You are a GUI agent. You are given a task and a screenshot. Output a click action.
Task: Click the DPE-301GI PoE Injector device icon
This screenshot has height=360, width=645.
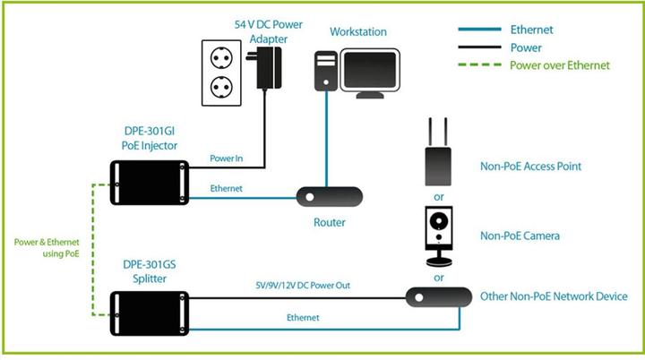(x=149, y=183)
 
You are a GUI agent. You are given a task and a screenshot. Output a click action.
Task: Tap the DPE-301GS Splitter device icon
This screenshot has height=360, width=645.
(x=149, y=313)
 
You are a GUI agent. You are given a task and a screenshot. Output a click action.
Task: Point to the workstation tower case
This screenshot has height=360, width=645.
(x=326, y=73)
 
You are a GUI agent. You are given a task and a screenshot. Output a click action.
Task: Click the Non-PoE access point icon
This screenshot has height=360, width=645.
(x=439, y=162)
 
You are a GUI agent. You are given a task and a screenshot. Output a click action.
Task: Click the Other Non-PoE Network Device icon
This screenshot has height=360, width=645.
(x=439, y=296)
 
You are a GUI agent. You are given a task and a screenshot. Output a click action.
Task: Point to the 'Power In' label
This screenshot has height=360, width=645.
(x=226, y=159)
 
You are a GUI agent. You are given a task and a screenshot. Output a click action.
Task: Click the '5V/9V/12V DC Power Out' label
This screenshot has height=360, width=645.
(x=303, y=286)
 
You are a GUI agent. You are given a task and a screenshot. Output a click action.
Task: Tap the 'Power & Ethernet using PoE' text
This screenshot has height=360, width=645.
(x=47, y=248)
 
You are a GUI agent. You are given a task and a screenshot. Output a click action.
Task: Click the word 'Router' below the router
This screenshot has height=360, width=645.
(x=330, y=222)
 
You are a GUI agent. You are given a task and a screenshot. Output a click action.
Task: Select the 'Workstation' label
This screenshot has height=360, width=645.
(x=358, y=32)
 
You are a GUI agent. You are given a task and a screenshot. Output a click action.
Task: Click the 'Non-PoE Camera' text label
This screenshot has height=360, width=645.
(x=520, y=236)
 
